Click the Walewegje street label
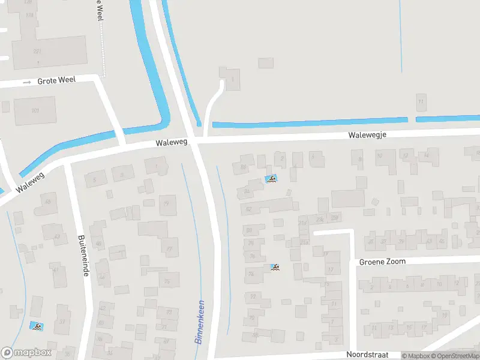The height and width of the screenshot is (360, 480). click(x=367, y=135)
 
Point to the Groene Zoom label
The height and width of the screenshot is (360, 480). click(x=382, y=262)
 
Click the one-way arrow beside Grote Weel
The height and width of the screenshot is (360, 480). click(x=26, y=82)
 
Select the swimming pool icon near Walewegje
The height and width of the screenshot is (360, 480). click(x=271, y=179)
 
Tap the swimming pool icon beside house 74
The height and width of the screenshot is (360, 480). click(x=275, y=268)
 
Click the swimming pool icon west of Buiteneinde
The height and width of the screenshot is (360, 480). click(x=37, y=326)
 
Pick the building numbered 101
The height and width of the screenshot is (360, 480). click(x=35, y=110)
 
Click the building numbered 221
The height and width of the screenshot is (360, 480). click(x=37, y=52)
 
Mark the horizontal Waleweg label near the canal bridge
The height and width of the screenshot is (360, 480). click(x=172, y=143)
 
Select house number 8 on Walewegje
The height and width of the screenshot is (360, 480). click(x=360, y=159)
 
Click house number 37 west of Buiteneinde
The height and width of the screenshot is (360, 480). click(x=62, y=322)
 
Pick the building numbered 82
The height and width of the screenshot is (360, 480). click(x=248, y=209)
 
